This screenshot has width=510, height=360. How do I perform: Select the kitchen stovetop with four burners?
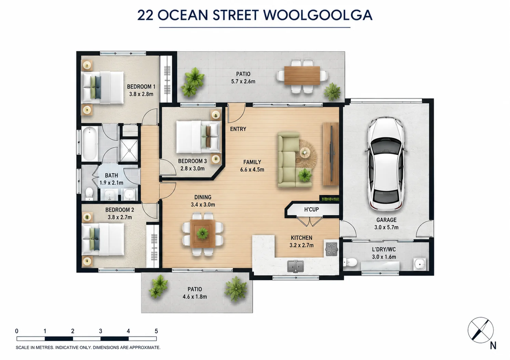[331, 249]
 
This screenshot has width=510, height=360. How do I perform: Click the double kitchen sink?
[295, 266]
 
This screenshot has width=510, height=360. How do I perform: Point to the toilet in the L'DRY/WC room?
[350, 262]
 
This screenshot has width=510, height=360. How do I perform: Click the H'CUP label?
[311, 209]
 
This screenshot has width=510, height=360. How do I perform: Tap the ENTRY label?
[238, 129]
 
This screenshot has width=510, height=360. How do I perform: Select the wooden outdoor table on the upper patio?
[302, 75]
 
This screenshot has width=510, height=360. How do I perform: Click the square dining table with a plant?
[203, 234]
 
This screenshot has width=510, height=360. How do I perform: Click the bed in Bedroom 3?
[198, 137]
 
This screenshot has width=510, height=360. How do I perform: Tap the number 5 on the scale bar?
[156, 331]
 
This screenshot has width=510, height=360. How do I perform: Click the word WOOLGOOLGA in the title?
[318, 15]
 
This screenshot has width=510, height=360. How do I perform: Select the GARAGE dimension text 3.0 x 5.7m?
[386, 227]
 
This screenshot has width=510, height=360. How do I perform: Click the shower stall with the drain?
[129, 150]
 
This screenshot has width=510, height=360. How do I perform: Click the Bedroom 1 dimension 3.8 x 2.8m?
[141, 94]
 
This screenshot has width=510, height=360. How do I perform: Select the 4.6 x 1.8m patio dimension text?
[194, 297]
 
